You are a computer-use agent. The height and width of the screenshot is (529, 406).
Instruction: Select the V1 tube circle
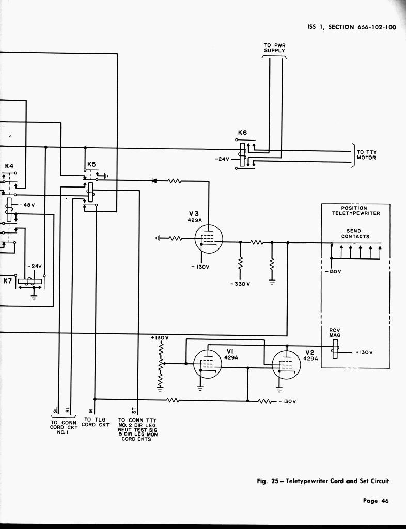coord(207,364)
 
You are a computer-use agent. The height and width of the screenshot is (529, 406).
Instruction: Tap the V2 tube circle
coord(286,364)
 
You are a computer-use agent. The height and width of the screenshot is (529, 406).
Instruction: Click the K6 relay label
coord(242,133)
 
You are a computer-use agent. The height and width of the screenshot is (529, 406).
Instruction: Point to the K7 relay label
coord(8,281)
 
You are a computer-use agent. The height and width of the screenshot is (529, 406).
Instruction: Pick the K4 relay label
coord(9,166)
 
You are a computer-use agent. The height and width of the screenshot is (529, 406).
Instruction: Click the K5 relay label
coord(91,164)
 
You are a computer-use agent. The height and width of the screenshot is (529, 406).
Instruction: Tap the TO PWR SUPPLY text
coord(275,48)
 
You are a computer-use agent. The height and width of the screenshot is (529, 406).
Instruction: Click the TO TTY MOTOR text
coord(367,155)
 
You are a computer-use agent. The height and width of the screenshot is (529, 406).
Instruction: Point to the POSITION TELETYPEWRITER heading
coord(355,211)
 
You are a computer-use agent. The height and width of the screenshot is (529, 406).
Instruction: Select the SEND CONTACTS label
coord(355,234)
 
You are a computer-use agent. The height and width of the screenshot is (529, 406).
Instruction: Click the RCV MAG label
coord(334,333)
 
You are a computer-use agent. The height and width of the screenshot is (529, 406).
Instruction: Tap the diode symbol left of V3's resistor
coord(154,181)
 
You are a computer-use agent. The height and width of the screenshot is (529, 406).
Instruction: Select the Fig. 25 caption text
coord(322,481)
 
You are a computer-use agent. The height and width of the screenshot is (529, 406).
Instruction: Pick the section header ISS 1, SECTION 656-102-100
coord(351,27)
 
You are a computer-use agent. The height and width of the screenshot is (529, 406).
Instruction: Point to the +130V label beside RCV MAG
coord(364,352)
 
